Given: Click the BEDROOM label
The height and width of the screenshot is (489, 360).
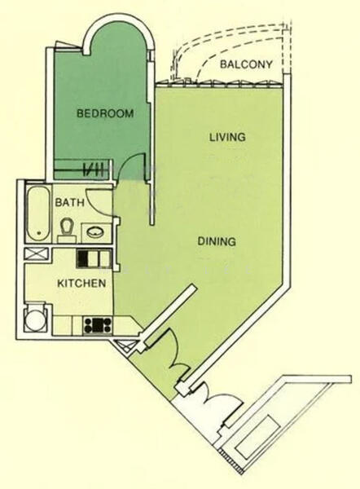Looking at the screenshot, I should click(104, 114).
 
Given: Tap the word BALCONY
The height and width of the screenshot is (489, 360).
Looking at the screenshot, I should click(246, 64).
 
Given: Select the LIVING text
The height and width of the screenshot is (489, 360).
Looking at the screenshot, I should click(226, 137).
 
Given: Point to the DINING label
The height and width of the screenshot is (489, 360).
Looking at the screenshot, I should click(216, 241).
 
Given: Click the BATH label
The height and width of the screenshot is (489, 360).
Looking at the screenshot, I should click(68, 201).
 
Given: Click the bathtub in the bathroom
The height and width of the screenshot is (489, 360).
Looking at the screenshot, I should click(37, 214).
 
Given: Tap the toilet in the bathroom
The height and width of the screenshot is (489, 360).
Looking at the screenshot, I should click(67, 228).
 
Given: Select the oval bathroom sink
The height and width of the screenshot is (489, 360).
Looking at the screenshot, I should click(95, 231).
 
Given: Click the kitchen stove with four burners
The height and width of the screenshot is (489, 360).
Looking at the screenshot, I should click(97, 324).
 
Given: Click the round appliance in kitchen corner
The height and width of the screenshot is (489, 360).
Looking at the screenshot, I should click(34, 320).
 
